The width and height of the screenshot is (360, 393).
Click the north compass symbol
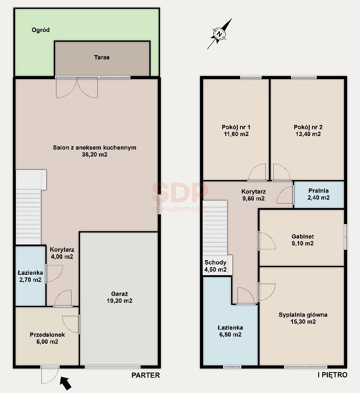[220, 34]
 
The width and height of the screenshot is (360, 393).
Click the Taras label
[102, 57]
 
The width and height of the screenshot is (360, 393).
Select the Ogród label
[40, 30]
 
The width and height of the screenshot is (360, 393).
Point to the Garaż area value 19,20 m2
[120, 301]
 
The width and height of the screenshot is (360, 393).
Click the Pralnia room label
[318, 191]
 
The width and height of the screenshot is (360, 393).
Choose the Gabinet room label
[303, 237]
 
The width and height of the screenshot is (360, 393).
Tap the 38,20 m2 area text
[95, 155]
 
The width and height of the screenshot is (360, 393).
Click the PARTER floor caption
[146, 375]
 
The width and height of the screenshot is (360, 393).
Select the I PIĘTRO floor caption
[332, 375]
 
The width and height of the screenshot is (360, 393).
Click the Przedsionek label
[48, 335]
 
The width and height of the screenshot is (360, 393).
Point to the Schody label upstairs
[216, 262]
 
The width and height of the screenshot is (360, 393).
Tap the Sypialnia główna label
[303, 315]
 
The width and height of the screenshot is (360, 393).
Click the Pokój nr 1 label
[236, 127]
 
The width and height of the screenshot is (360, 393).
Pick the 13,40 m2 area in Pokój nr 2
[308, 134]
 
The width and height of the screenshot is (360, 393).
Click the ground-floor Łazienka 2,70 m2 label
[30, 276]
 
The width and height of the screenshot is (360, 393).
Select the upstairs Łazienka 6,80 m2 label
[230, 331]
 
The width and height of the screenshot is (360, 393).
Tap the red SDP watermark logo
[180, 192]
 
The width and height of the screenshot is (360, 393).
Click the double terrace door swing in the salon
[76, 88]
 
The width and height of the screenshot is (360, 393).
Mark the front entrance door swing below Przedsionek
[50, 375]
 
